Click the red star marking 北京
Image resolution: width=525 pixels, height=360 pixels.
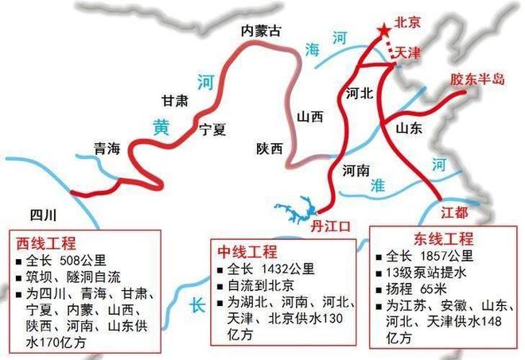[384, 30]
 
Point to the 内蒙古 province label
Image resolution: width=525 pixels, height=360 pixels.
[262, 31]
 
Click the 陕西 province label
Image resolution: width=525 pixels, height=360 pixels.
[270, 147]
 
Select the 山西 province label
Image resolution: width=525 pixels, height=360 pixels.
[310, 116]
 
